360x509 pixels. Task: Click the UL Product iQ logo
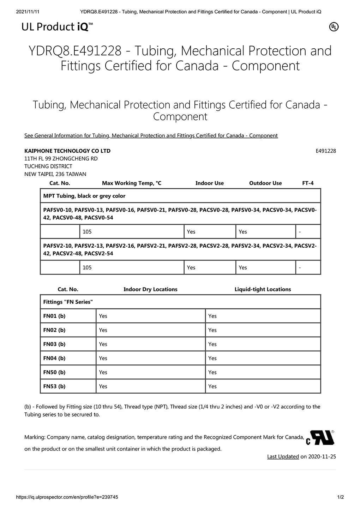tap(58, 27)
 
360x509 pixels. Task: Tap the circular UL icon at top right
tap(334, 27)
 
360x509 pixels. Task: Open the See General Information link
tap(151, 135)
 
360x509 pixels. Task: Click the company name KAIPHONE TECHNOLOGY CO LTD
tap(67, 151)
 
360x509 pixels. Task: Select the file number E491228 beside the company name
tap(325, 151)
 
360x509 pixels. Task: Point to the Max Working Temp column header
tap(131, 183)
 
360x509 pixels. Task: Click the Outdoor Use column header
tap(265, 183)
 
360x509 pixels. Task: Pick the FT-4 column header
tap(308, 183)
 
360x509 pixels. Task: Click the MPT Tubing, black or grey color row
tap(84, 196)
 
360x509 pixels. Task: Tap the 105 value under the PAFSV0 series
tap(87, 232)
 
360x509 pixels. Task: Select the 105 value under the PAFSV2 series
tap(87, 268)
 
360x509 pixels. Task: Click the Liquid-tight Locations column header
tap(263, 289)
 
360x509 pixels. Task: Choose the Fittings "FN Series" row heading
tap(68, 302)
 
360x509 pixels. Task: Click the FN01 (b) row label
tap(54, 316)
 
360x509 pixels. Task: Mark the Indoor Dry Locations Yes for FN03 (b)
tap(103, 344)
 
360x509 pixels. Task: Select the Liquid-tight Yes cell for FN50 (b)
tap(212, 372)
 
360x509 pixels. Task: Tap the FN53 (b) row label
tap(54, 386)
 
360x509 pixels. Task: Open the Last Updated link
tap(283, 456)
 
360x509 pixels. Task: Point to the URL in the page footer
tap(67, 497)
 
